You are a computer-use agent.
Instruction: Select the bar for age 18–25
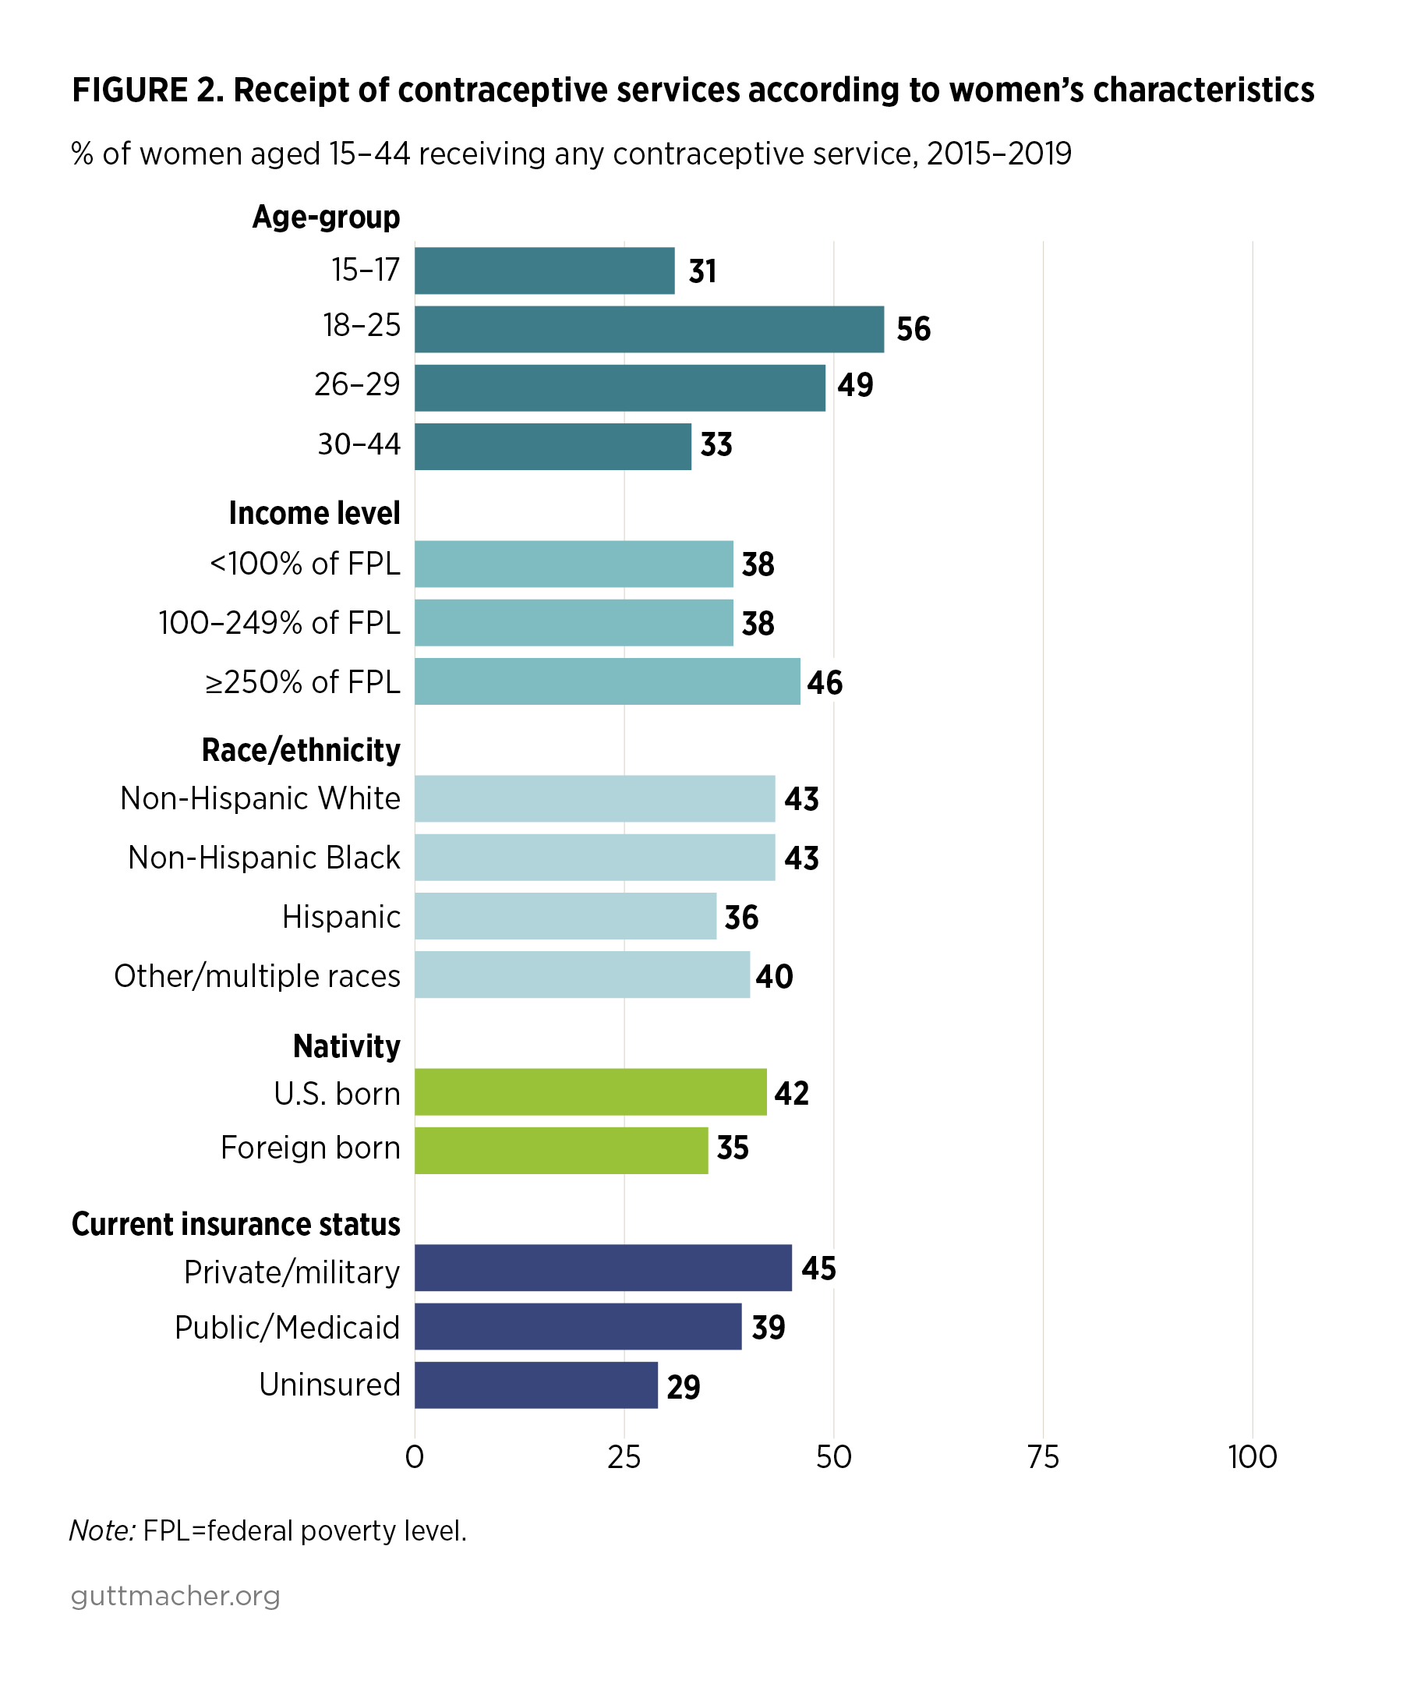click(648, 329)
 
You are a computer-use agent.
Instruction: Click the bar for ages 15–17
click(544, 271)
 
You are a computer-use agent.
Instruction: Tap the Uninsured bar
click(535, 1385)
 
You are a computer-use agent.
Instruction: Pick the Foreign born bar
click(561, 1150)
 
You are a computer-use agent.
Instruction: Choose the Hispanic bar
click(565, 916)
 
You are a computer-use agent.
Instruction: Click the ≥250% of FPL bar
click(607, 681)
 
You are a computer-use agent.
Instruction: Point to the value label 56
click(914, 330)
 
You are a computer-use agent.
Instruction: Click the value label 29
click(683, 1387)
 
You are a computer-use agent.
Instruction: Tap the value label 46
click(824, 683)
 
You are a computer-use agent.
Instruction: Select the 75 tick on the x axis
click(1043, 1457)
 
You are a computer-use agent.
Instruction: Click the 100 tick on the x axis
click(1252, 1457)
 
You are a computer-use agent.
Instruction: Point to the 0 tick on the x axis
click(415, 1457)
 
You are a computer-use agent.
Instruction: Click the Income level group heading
click(314, 513)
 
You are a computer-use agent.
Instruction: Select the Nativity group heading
click(346, 1046)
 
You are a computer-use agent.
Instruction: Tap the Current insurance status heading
click(235, 1224)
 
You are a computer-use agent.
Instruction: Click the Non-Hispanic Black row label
click(263, 858)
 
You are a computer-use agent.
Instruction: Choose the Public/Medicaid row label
click(287, 1327)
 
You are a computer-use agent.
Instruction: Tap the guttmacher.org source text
click(175, 1596)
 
